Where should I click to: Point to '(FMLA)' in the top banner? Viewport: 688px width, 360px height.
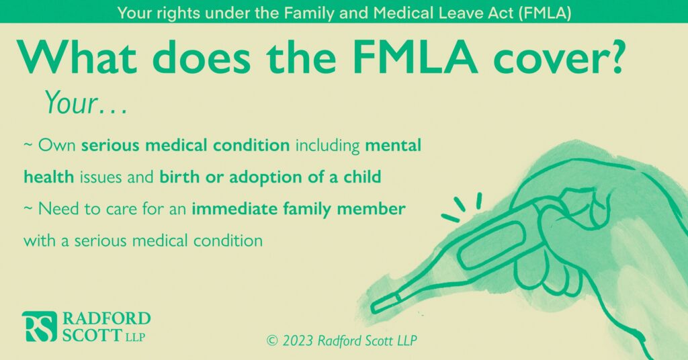click(544, 13)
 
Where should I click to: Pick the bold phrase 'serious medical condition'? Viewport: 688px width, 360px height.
click(185, 145)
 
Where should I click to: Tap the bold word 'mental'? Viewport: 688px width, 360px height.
click(393, 145)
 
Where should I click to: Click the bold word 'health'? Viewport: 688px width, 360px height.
click(48, 177)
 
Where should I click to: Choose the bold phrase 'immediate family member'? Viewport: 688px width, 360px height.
click(298, 209)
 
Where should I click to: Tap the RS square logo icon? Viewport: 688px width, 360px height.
click(40, 326)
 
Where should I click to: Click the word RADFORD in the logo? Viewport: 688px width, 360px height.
click(106, 318)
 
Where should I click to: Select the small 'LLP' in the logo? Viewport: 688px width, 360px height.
click(135, 337)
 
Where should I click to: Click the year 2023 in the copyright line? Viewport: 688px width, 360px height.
click(298, 341)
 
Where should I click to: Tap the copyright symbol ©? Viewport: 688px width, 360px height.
click(272, 341)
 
